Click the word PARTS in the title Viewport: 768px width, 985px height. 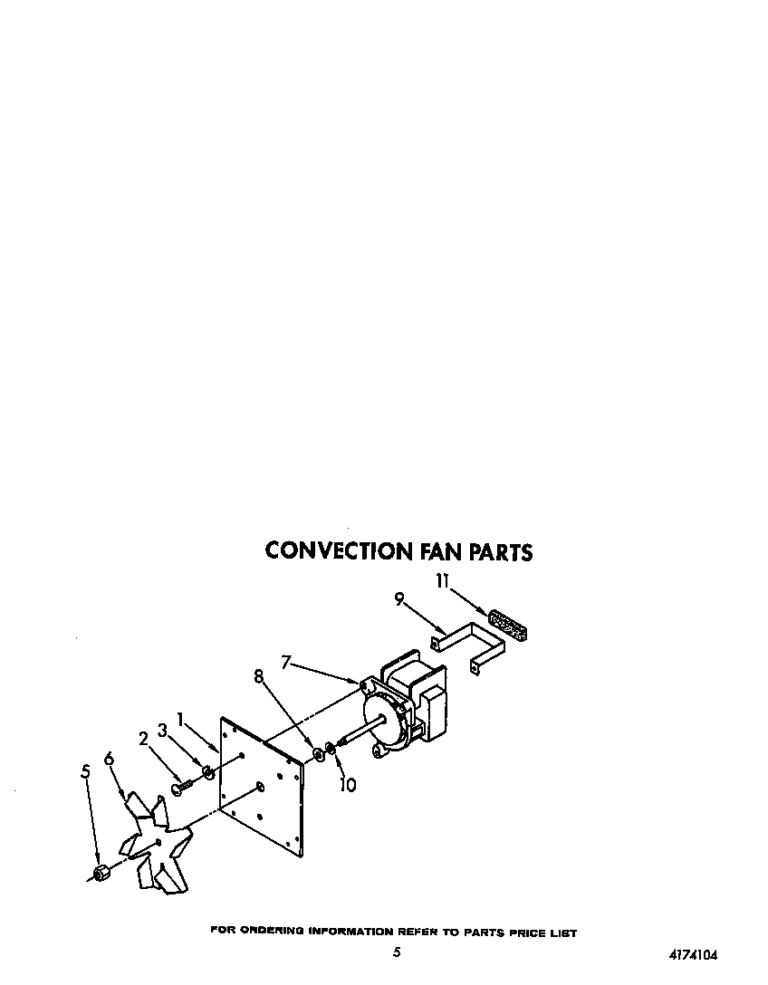tap(498, 551)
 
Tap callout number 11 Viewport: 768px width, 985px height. tap(441, 581)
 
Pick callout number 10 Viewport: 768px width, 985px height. tap(347, 785)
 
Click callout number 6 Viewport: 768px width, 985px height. tap(110, 759)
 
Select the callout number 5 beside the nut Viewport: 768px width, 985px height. tap(86, 771)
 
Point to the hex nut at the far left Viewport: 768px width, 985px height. tap(101, 873)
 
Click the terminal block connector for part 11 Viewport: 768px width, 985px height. tap(509, 625)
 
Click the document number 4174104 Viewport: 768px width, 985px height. tap(699, 954)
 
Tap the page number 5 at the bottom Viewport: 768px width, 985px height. tap(397, 952)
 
